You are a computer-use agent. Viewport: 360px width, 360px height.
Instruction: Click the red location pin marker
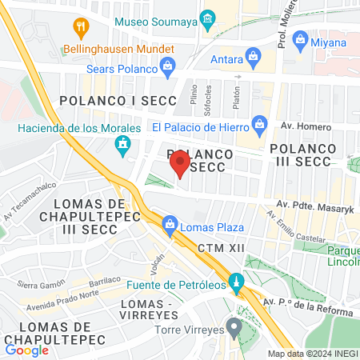click(x=180, y=166)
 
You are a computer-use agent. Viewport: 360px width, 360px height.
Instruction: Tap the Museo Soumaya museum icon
click(x=208, y=18)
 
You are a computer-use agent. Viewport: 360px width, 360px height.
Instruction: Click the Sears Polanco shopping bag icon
click(x=166, y=66)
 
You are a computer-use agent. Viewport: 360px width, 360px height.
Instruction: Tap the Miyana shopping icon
click(x=300, y=38)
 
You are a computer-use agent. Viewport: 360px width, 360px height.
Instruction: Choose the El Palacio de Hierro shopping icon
click(x=258, y=124)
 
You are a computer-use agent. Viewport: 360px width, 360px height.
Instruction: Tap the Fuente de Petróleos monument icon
click(x=236, y=282)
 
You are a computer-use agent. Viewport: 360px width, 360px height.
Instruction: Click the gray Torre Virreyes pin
click(x=234, y=326)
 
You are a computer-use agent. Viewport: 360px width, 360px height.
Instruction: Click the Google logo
click(x=26, y=350)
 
